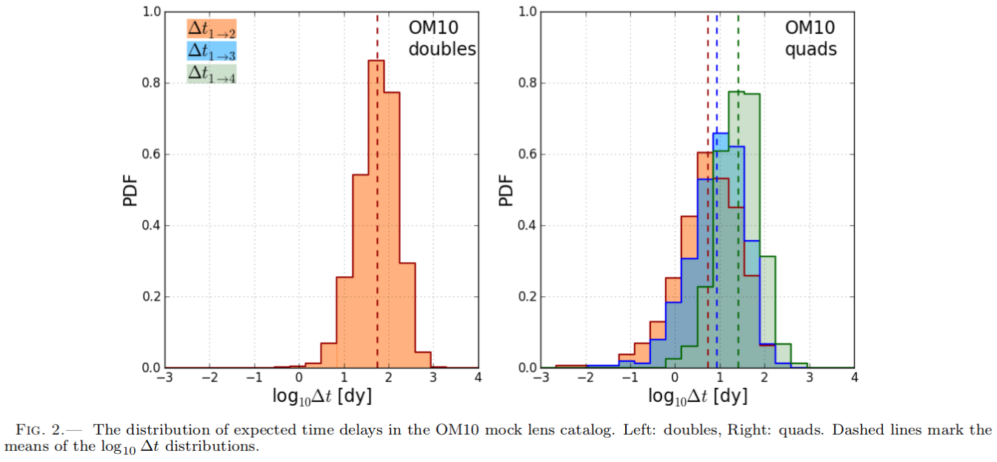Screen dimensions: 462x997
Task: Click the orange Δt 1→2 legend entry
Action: point(211,29)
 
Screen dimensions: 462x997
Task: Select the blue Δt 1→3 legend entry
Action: point(211,51)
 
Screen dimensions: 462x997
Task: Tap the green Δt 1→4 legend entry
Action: point(211,73)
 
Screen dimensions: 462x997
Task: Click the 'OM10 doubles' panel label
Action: point(442,38)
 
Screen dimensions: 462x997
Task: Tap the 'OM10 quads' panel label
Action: point(810,38)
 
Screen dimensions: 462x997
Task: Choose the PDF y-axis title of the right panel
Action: point(507,190)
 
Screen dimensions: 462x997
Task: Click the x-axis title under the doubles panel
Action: point(321,397)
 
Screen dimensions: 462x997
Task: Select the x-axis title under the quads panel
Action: point(697,397)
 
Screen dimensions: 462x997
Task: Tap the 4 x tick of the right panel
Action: point(854,378)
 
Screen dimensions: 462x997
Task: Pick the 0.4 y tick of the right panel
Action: point(527,226)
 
